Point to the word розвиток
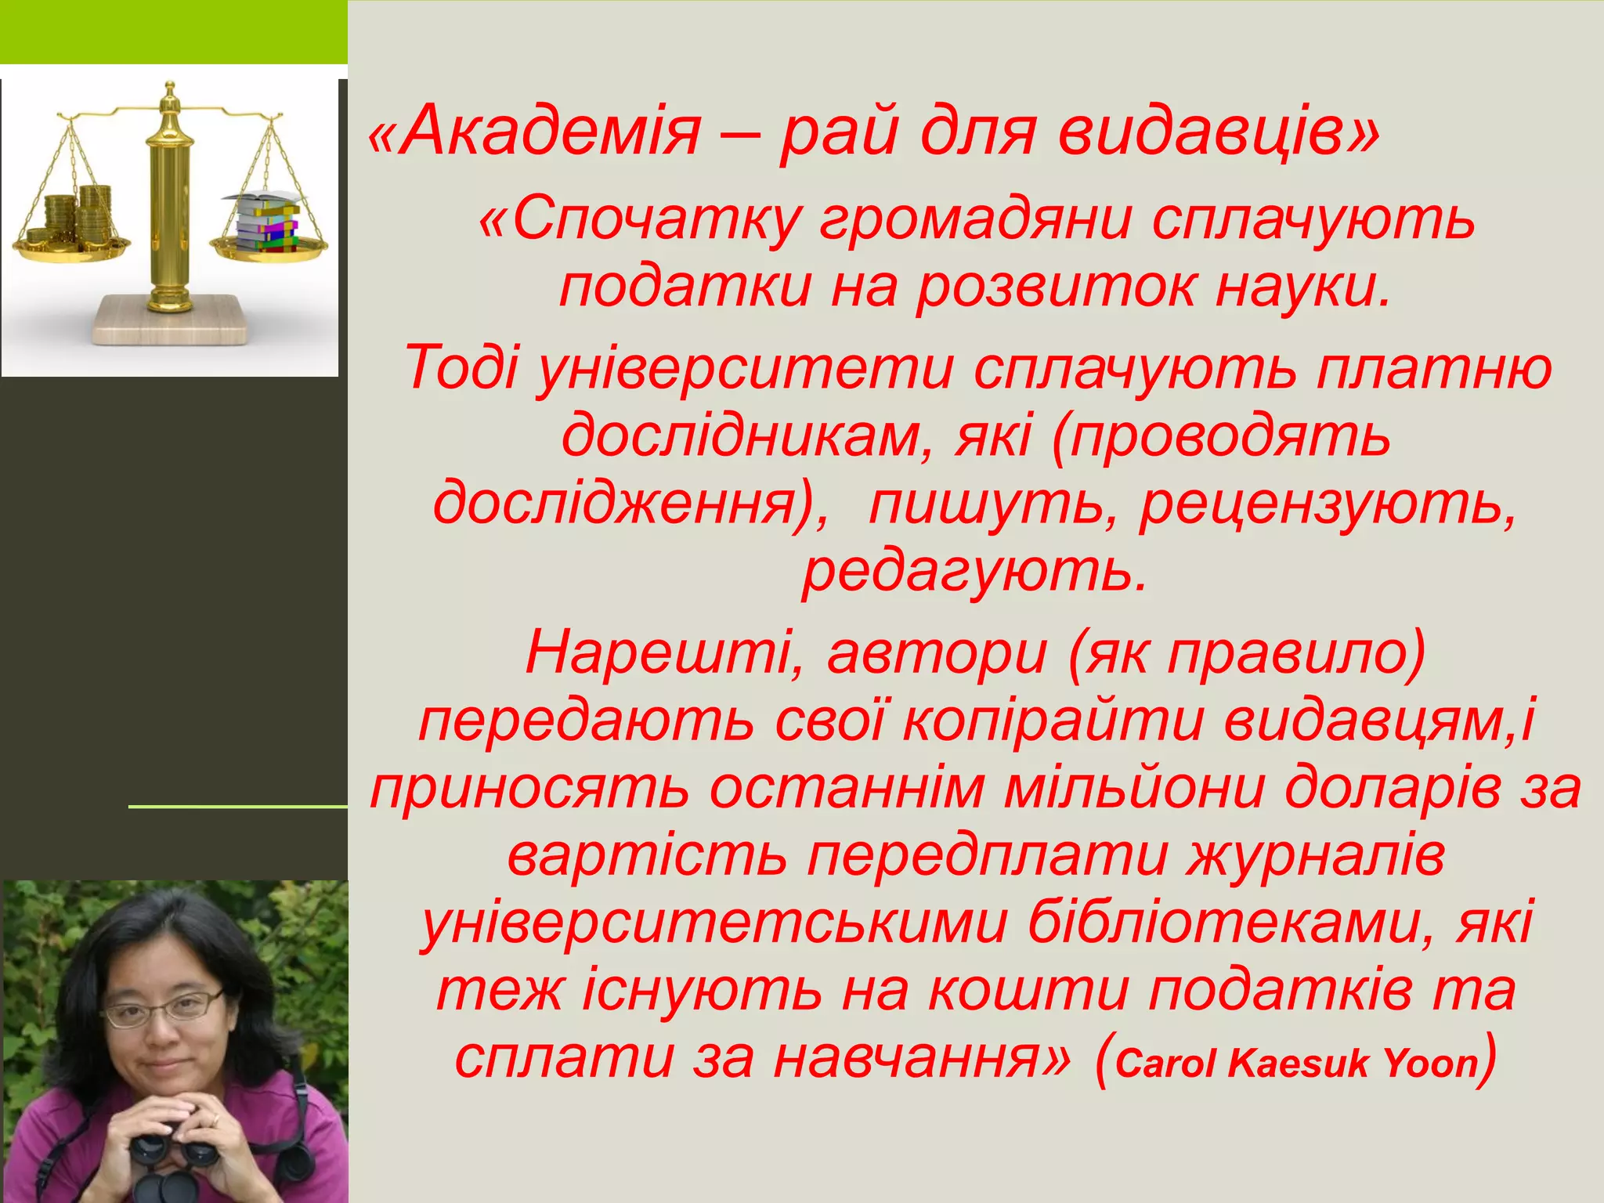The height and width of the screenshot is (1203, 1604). [x=1057, y=287]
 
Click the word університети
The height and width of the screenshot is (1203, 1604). [x=744, y=368]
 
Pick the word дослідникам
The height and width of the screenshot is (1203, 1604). [x=740, y=435]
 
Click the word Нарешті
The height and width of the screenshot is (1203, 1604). [x=658, y=653]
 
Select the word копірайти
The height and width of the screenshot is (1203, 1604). [x=1053, y=721]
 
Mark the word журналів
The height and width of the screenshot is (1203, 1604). [x=1316, y=855]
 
